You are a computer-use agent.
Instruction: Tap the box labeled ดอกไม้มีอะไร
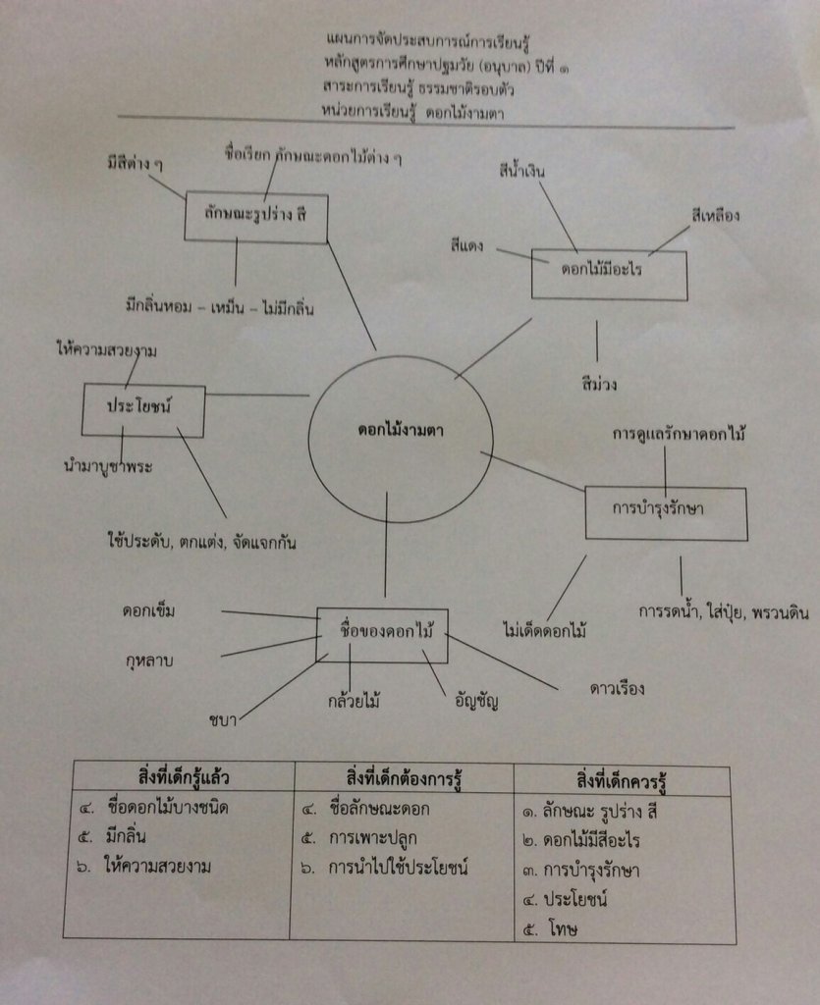pyautogui.click(x=609, y=274)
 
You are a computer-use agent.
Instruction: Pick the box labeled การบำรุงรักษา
pyautogui.click(x=666, y=511)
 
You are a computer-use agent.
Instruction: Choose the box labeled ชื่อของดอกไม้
pyautogui.click(x=382, y=634)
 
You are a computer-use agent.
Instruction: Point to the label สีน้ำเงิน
pyautogui.click(x=520, y=172)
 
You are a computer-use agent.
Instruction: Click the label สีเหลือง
pyautogui.click(x=715, y=215)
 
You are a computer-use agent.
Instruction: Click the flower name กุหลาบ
pyautogui.click(x=149, y=660)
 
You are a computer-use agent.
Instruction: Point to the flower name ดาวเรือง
pyautogui.click(x=617, y=688)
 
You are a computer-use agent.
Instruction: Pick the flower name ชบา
pyautogui.click(x=222, y=721)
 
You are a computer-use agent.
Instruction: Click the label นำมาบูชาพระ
pyautogui.click(x=107, y=467)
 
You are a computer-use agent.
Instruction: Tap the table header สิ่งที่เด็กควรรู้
pyautogui.click(x=623, y=780)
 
